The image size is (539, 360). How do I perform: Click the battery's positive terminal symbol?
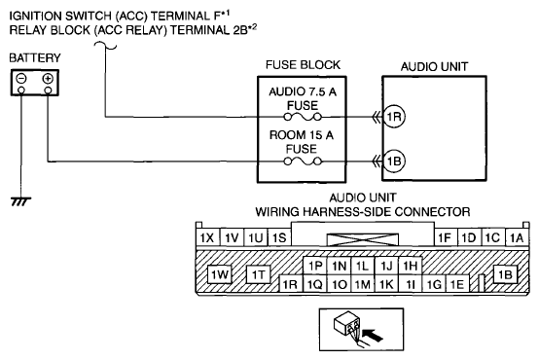click(x=48, y=79)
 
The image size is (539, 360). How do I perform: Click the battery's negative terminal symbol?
click(x=21, y=79)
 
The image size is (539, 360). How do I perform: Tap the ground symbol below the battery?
click(x=21, y=201)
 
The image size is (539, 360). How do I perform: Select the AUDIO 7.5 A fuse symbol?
click(x=303, y=118)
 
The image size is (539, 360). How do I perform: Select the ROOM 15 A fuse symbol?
click(x=303, y=161)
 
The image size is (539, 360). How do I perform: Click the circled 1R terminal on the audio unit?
click(x=394, y=117)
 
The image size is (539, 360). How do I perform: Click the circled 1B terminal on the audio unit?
click(x=394, y=161)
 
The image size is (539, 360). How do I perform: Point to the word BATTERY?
click(x=35, y=57)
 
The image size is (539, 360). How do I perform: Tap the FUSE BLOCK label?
click(x=303, y=65)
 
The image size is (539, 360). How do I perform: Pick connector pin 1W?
click(x=220, y=274)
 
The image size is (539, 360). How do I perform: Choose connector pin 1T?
click(x=259, y=274)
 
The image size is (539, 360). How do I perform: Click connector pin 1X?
click(x=207, y=237)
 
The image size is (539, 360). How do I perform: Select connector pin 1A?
click(x=517, y=237)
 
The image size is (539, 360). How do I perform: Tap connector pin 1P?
click(x=315, y=266)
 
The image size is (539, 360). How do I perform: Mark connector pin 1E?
click(x=457, y=284)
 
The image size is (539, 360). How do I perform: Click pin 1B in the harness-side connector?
click(x=505, y=274)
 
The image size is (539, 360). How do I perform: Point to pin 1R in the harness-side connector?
click(x=291, y=284)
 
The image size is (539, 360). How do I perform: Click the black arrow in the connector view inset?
click(x=373, y=335)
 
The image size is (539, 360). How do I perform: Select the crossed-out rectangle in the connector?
click(x=363, y=239)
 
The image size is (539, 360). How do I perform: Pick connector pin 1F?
click(x=446, y=237)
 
